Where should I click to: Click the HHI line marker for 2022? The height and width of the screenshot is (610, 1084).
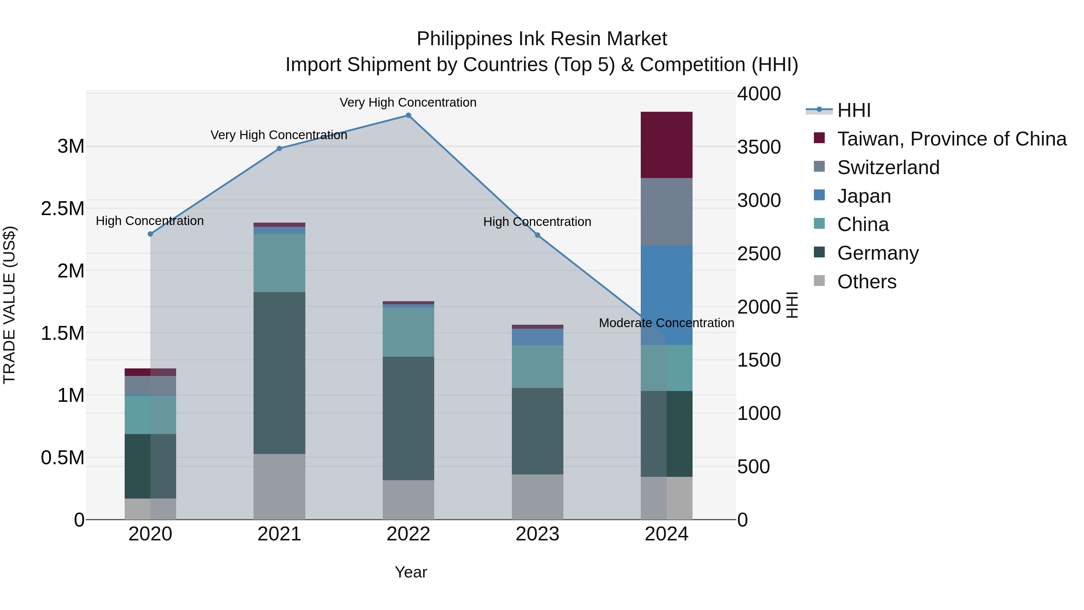tap(408, 115)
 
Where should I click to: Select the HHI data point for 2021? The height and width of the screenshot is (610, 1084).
tap(279, 148)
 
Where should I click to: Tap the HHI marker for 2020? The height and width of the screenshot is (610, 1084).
tap(150, 234)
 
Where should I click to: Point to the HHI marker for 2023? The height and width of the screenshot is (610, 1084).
tap(537, 235)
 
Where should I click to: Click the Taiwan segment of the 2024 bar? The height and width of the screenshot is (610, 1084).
tap(667, 145)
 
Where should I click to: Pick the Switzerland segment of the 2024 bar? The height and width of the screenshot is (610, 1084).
tap(667, 211)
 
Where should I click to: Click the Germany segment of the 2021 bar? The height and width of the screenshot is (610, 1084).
tap(279, 373)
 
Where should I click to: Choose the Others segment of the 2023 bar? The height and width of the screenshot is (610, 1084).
tap(537, 497)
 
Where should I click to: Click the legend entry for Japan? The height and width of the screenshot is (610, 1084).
tap(864, 196)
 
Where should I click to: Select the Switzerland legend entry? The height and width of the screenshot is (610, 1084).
tap(888, 167)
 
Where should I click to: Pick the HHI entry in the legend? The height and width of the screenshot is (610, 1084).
tap(853, 110)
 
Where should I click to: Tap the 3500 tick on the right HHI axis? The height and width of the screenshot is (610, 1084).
tap(759, 147)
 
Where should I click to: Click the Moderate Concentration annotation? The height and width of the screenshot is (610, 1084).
tap(667, 323)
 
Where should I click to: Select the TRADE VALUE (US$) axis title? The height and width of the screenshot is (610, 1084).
tap(10, 305)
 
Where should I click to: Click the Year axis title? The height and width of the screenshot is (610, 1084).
tap(411, 572)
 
